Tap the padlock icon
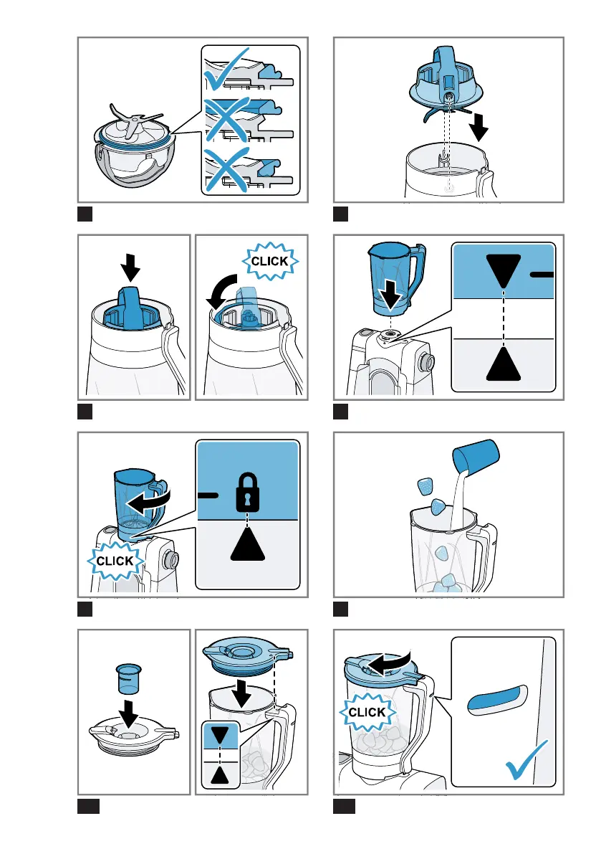[247, 492]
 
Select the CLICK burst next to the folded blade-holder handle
[270, 261]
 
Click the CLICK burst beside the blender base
[115, 561]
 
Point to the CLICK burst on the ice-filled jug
[367, 712]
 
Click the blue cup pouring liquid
[476, 455]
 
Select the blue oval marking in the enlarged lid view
[497, 700]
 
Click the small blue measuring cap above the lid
[129, 678]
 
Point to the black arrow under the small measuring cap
[129, 713]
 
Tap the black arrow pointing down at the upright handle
[130, 267]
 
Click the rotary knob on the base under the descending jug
[425, 361]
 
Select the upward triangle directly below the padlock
[247, 544]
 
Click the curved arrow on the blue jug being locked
[148, 502]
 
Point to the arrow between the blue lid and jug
[241, 692]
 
